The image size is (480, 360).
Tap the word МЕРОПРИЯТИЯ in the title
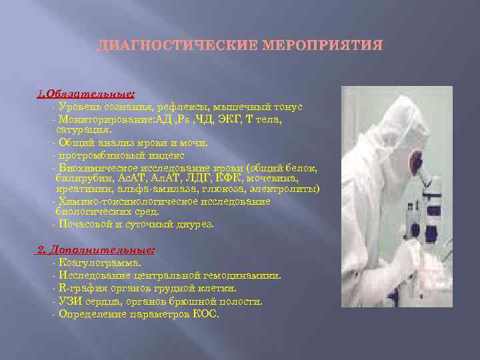click(x=323, y=46)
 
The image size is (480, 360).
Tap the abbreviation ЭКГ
click(x=229, y=119)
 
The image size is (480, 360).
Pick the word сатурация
click(x=79, y=129)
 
